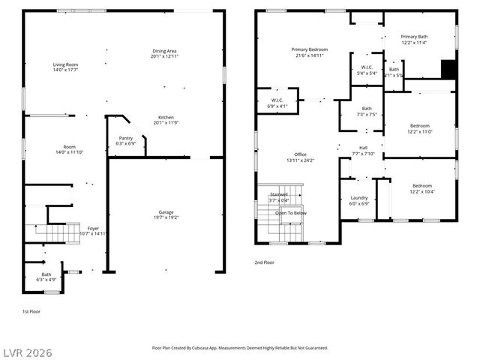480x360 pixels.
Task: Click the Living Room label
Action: pyautogui.click(x=65, y=65)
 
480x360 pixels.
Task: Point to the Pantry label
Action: pyautogui.click(x=126, y=138)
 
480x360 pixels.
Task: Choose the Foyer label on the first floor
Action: pyautogui.click(x=93, y=228)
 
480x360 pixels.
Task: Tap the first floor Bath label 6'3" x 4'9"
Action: pyautogui.click(x=46, y=274)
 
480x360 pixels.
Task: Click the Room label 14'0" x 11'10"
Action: pyautogui.click(x=69, y=147)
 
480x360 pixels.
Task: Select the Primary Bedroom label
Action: pyautogui.click(x=310, y=49)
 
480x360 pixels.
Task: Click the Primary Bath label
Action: pyautogui.click(x=413, y=37)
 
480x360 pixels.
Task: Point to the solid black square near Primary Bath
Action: pyautogui.click(x=448, y=68)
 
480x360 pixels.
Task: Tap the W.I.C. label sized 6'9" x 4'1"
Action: pyautogui.click(x=276, y=100)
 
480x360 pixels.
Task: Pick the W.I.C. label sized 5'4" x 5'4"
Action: pyautogui.click(x=367, y=68)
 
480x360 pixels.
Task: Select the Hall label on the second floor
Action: pyautogui.click(x=363, y=148)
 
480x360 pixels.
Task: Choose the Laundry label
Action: pyautogui.click(x=359, y=198)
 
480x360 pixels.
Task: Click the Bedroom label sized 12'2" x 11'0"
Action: pyautogui.click(x=420, y=125)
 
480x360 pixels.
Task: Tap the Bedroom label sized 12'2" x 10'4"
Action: pyautogui.click(x=421, y=185)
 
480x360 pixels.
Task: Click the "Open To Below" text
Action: pyautogui.click(x=290, y=213)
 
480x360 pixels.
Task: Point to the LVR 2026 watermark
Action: pyautogui.click(x=28, y=352)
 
